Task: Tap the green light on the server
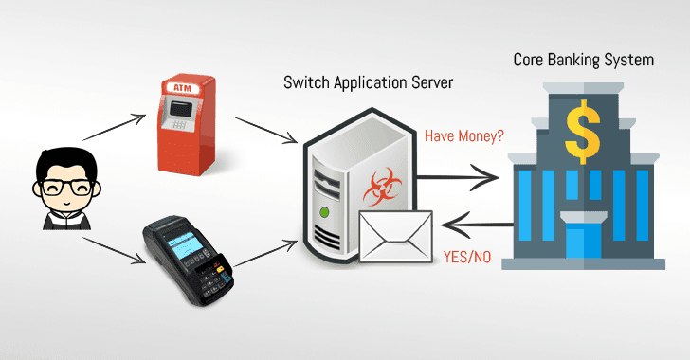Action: point(325,211)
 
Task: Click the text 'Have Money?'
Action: point(464,135)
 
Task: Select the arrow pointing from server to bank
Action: point(461,175)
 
